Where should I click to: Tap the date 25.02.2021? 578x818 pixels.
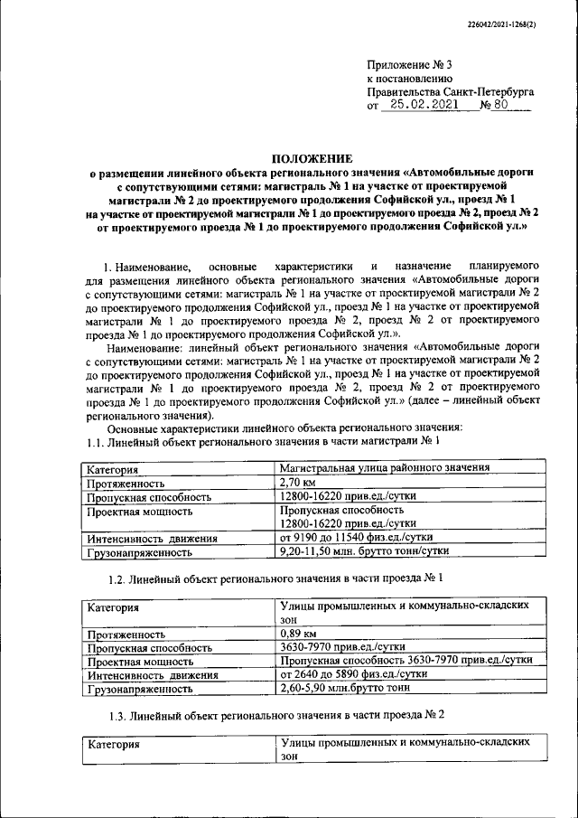pyautogui.click(x=419, y=106)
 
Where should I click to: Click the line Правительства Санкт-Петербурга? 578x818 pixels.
pyautogui.click(x=451, y=92)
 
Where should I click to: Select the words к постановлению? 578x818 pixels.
pyautogui.click(x=408, y=79)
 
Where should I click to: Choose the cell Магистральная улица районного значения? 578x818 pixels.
pyautogui.click(x=385, y=468)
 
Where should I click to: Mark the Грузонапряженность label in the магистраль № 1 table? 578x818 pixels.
pyautogui.click(x=140, y=551)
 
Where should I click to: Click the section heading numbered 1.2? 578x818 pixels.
pyautogui.click(x=275, y=577)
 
